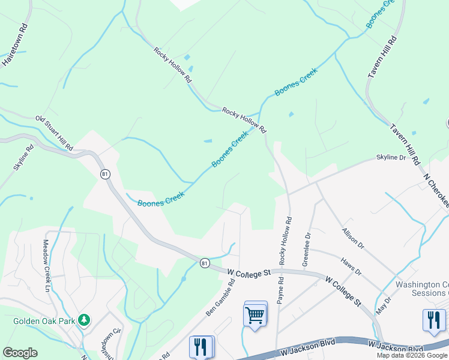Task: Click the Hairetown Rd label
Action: (x=16, y=45)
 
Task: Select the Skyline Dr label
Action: (x=391, y=157)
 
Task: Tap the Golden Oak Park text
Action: (x=44, y=321)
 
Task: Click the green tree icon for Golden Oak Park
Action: (x=85, y=319)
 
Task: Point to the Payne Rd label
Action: (x=279, y=287)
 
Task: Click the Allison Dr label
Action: (x=353, y=238)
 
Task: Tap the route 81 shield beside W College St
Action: (x=205, y=263)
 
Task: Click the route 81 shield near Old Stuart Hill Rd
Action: (x=106, y=174)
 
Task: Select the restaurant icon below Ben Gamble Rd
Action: (x=200, y=346)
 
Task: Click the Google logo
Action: (x=20, y=353)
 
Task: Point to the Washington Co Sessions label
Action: (x=422, y=289)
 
